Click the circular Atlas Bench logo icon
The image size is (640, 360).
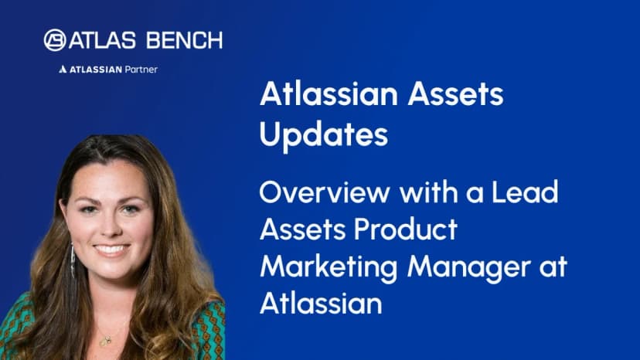pyautogui.click(x=55, y=40)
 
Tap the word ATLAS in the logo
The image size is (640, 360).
pyautogui.click(x=102, y=40)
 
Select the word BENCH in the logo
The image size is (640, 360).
pyautogui.click(x=185, y=40)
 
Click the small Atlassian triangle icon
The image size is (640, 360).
pyautogui.click(x=63, y=70)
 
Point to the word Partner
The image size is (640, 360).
pyautogui.click(x=141, y=70)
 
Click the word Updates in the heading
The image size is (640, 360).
pyautogui.click(x=324, y=135)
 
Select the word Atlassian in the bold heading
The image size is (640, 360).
pyautogui.click(x=329, y=94)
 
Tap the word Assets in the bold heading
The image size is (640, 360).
pyautogui.click(x=455, y=94)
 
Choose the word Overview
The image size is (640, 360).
pyautogui.click(x=325, y=192)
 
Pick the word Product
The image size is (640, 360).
pyautogui.click(x=406, y=229)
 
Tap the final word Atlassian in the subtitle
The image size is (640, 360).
pyautogui.click(x=321, y=303)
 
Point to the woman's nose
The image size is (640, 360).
pyautogui.click(x=111, y=227)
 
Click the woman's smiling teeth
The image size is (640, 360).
pyautogui.click(x=111, y=249)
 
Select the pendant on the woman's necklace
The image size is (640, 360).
pyautogui.click(x=107, y=340)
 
